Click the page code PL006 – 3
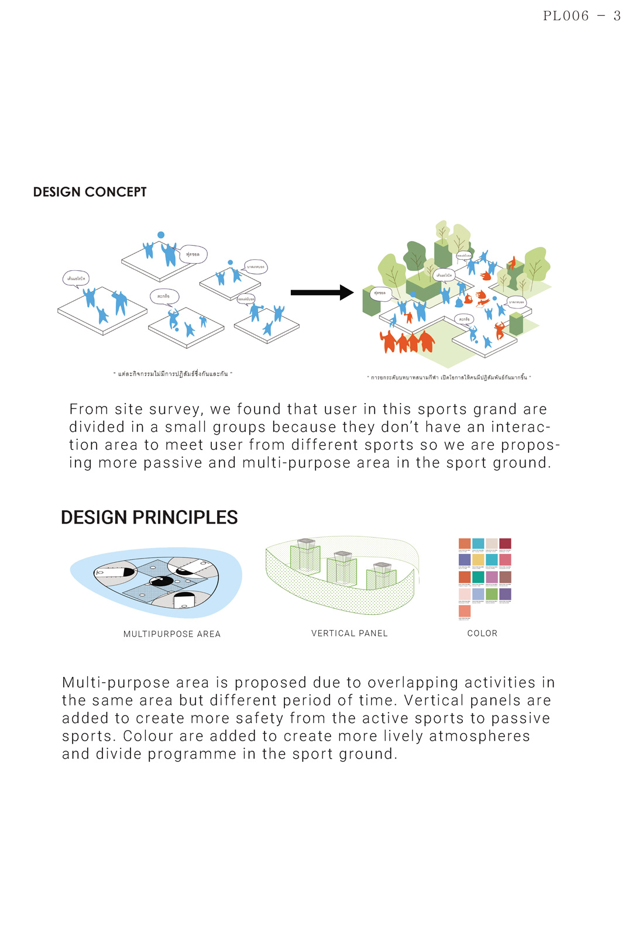(581, 16)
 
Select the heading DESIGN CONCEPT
(90, 192)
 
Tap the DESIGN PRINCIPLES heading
(149, 517)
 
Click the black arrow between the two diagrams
(322, 292)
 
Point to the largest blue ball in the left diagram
(161, 235)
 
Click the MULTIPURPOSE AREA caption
(172, 634)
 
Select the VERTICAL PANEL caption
(349, 634)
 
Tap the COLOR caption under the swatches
(482, 634)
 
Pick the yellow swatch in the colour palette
(478, 560)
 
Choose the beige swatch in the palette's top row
(492, 543)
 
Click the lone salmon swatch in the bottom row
(465, 611)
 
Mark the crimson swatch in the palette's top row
(505, 543)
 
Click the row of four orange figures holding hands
(407, 342)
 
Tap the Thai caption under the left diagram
(173, 374)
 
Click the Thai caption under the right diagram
(448, 377)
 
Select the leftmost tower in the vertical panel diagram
(306, 556)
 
